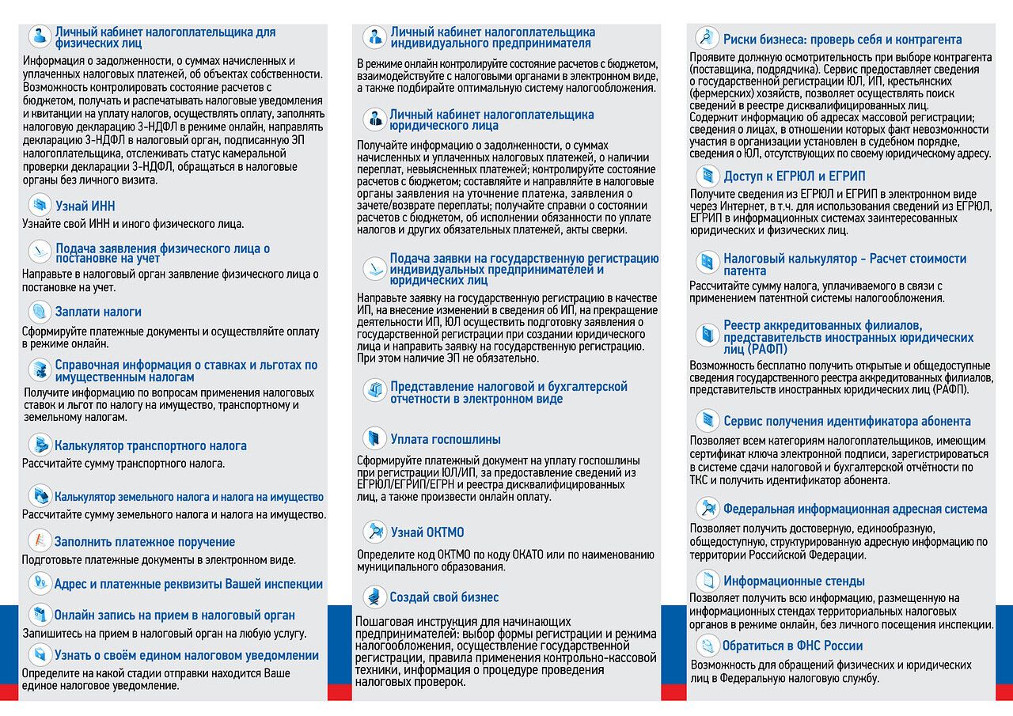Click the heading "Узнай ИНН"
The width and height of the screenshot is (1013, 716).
click(x=85, y=206)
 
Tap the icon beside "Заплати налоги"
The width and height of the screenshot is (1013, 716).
click(x=39, y=312)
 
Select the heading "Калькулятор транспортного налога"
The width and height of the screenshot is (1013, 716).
click(x=150, y=445)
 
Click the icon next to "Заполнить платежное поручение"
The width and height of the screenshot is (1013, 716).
click(x=39, y=541)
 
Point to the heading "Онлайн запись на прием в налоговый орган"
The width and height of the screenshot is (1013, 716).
click(x=174, y=615)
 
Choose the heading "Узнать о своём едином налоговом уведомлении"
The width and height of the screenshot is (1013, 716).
click(x=186, y=655)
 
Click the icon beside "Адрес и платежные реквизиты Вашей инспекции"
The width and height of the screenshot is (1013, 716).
click(x=39, y=584)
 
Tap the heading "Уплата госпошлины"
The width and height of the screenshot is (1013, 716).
click(x=445, y=439)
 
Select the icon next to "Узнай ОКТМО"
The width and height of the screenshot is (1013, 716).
click(x=374, y=532)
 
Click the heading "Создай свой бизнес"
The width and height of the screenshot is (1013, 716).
click(x=444, y=597)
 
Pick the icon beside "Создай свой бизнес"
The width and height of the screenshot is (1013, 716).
click(x=374, y=597)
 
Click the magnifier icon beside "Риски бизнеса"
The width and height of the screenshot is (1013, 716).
click(x=706, y=38)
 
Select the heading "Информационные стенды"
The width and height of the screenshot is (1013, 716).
click(x=794, y=581)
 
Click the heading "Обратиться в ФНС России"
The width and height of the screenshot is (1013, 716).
click(x=792, y=646)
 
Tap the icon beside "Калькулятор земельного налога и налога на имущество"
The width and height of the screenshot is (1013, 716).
click(x=39, y=496)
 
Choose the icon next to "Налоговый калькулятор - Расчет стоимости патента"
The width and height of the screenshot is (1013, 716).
click(x=707, y=263)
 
